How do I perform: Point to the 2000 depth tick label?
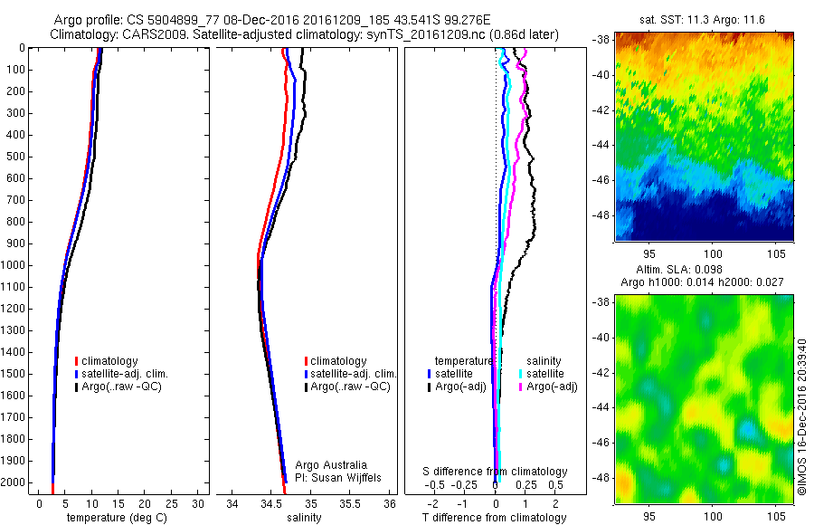click(x=14, y=482)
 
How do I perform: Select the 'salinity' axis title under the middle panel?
click(x=304, y=518)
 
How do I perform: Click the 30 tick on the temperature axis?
click(x=198, y=503)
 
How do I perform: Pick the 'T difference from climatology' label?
click(x=496, y=518)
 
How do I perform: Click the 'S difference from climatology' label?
click(x=496, y=472)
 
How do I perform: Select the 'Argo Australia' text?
click(x=331, y=464)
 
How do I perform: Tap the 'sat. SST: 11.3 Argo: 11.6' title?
click(x=704, y=19)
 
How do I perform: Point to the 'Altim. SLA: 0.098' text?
click(x=704, y=271)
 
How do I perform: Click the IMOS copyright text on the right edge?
click(x=802, y=416)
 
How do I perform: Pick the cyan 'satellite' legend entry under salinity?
click(x=545, y=373)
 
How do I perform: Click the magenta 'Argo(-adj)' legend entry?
click(x=552, y=387)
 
